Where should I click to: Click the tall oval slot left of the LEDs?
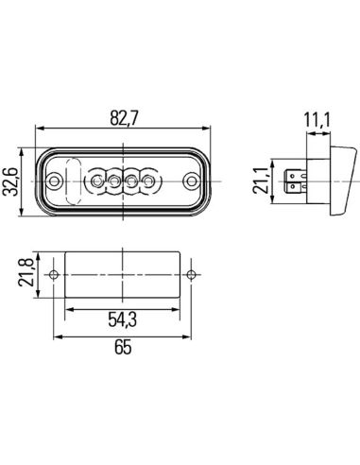click(x=74, y=175)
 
